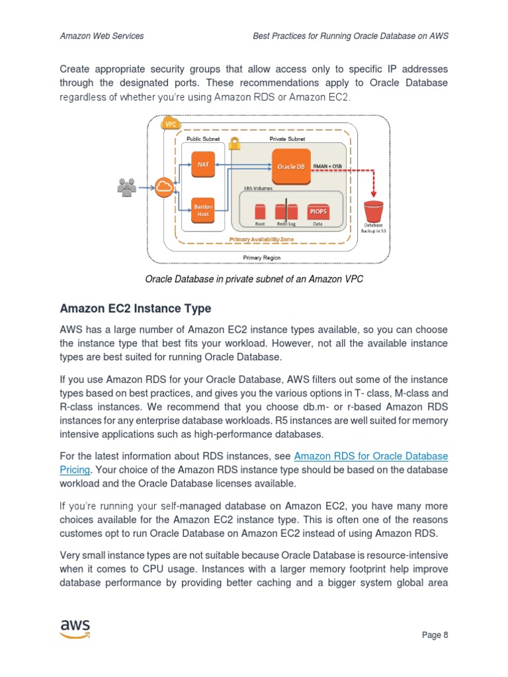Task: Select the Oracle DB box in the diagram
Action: click(290, 166)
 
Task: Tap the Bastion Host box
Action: click(203, 210)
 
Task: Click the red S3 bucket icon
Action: click(374, 212)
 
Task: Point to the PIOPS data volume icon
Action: click(318, 211)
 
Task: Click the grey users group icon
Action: click(126, 187)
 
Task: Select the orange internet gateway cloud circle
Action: click(164, 187)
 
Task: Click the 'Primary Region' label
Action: click(262, 257)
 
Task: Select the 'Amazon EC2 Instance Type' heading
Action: click(136, 308)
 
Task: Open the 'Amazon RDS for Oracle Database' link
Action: click(370, 456)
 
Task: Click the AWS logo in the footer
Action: click(75, 629)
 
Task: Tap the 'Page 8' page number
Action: click(435, 635)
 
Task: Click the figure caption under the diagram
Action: click(254, 279)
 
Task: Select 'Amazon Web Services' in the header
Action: click(102, 36)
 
